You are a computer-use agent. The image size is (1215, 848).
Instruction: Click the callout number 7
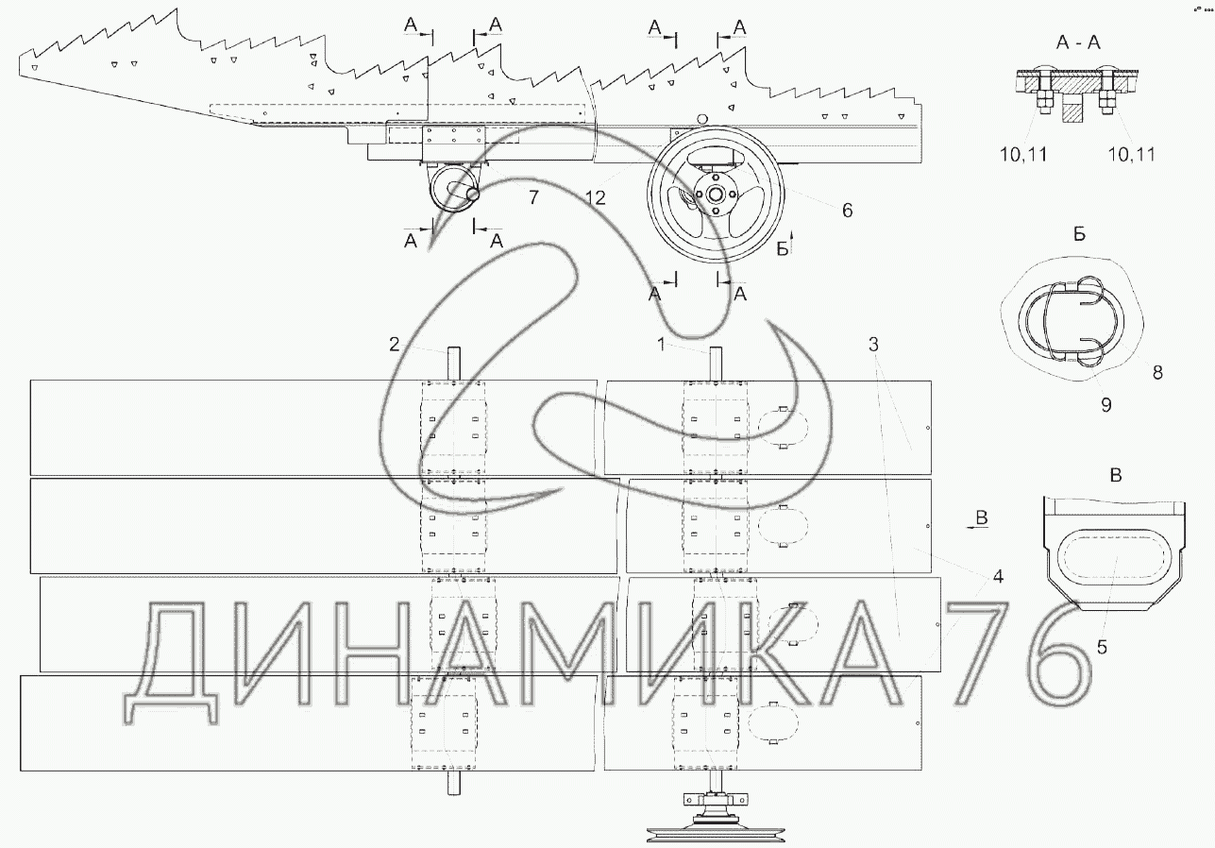[x=533, y=197]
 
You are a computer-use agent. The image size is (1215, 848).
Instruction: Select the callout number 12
[x=595, y=197]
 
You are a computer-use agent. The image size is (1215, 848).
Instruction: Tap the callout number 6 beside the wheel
[x=847, y=210]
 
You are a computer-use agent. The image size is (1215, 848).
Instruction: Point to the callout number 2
[x=395, y=344]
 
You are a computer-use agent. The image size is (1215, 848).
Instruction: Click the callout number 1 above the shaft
[x=661, y=344]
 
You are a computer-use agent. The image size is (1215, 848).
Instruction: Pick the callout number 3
[x=873, y=344]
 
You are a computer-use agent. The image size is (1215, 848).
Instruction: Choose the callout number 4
[x=998, y=577]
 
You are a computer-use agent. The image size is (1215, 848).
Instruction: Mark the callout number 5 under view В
[x=1102, y=647]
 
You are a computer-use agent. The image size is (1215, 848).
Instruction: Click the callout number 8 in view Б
[x=1157, y=372]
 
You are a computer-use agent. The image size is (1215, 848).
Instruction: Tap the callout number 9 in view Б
[x=1106, y=404]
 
